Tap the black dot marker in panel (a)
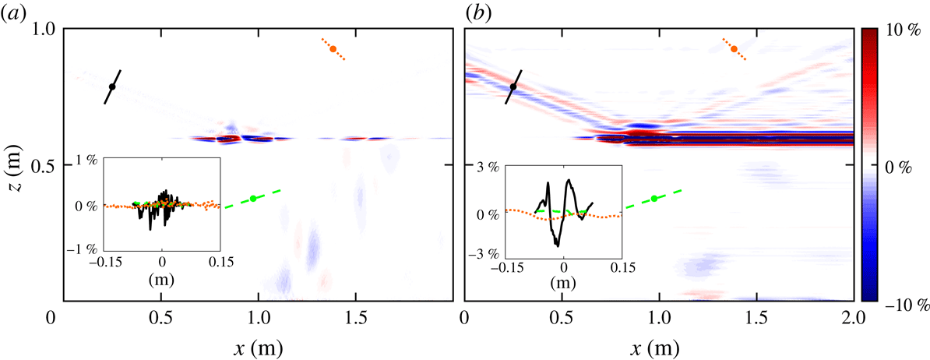point(112,86)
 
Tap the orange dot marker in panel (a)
point(333,49)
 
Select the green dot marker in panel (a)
point(253,198)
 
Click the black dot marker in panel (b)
point(513,86)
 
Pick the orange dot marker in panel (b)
point(734,49)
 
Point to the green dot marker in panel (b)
point(654,198)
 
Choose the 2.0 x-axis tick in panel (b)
point(853,319)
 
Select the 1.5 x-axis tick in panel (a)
point(355,319)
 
